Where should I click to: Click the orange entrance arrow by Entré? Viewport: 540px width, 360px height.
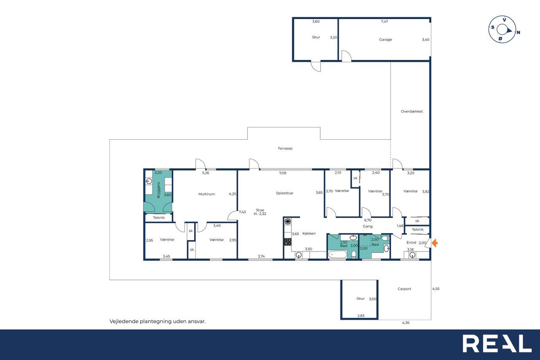coord(435,243)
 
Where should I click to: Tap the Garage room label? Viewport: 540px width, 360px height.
coord(385,40)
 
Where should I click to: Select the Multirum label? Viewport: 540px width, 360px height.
coord(207,194)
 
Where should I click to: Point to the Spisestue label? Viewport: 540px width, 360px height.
coord(284,193)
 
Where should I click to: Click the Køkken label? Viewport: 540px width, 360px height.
coord(309,233)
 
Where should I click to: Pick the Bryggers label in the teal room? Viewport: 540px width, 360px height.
coord(158,190)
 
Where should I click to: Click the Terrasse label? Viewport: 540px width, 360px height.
coord(285,148)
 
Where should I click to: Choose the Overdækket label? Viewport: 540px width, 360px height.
coord(412,111)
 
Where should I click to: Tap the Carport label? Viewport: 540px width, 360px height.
coord(404,289)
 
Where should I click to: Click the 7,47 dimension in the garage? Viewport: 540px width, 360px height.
coord(384,22)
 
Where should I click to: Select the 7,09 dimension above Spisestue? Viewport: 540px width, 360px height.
coord(283,173)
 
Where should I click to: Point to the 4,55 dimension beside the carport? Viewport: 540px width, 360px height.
coord(436,289)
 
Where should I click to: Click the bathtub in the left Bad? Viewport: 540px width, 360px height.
coord(337,254)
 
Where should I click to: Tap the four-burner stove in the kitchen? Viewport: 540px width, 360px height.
coord(288,241)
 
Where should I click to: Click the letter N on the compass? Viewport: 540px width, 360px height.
coord(518,32)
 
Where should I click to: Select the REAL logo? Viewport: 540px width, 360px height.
coord(497,344)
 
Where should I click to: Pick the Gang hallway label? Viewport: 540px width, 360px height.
coord(367,226)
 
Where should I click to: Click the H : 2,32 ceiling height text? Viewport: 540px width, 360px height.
coord(260,214)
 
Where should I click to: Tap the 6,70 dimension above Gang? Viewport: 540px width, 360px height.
coord(367,220)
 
